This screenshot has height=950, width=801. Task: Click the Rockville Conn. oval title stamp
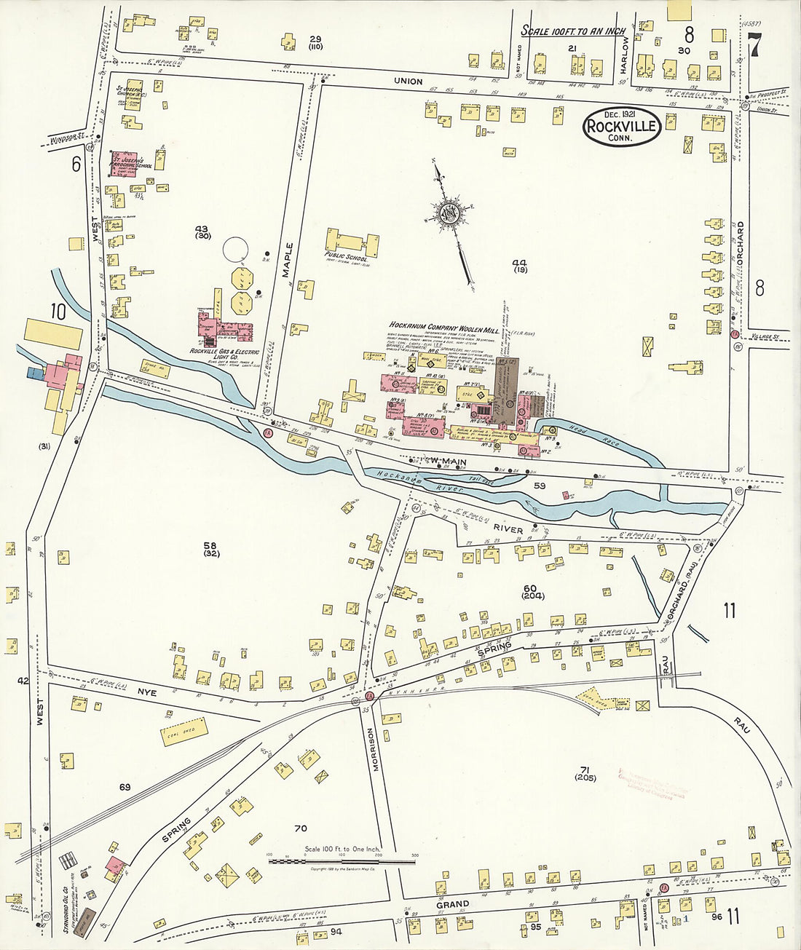tap(621, 127)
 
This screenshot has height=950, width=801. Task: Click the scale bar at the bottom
tap(342, 861)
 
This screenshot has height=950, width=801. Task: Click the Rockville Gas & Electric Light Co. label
tap(224, 355)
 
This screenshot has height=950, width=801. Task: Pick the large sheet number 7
tap(755, 45)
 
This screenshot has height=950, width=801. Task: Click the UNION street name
tap(408, 81)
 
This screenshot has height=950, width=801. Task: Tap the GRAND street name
tap(453, 904)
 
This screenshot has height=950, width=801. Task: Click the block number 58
tap(210, 545)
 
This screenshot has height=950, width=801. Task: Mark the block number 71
tap(584, 769)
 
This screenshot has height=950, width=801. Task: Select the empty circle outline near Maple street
tap(236, 250)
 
